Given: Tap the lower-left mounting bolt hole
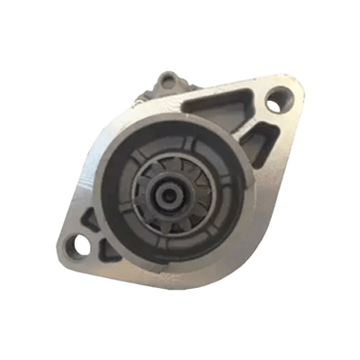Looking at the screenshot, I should pyautogui.click(x=84, y=241).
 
